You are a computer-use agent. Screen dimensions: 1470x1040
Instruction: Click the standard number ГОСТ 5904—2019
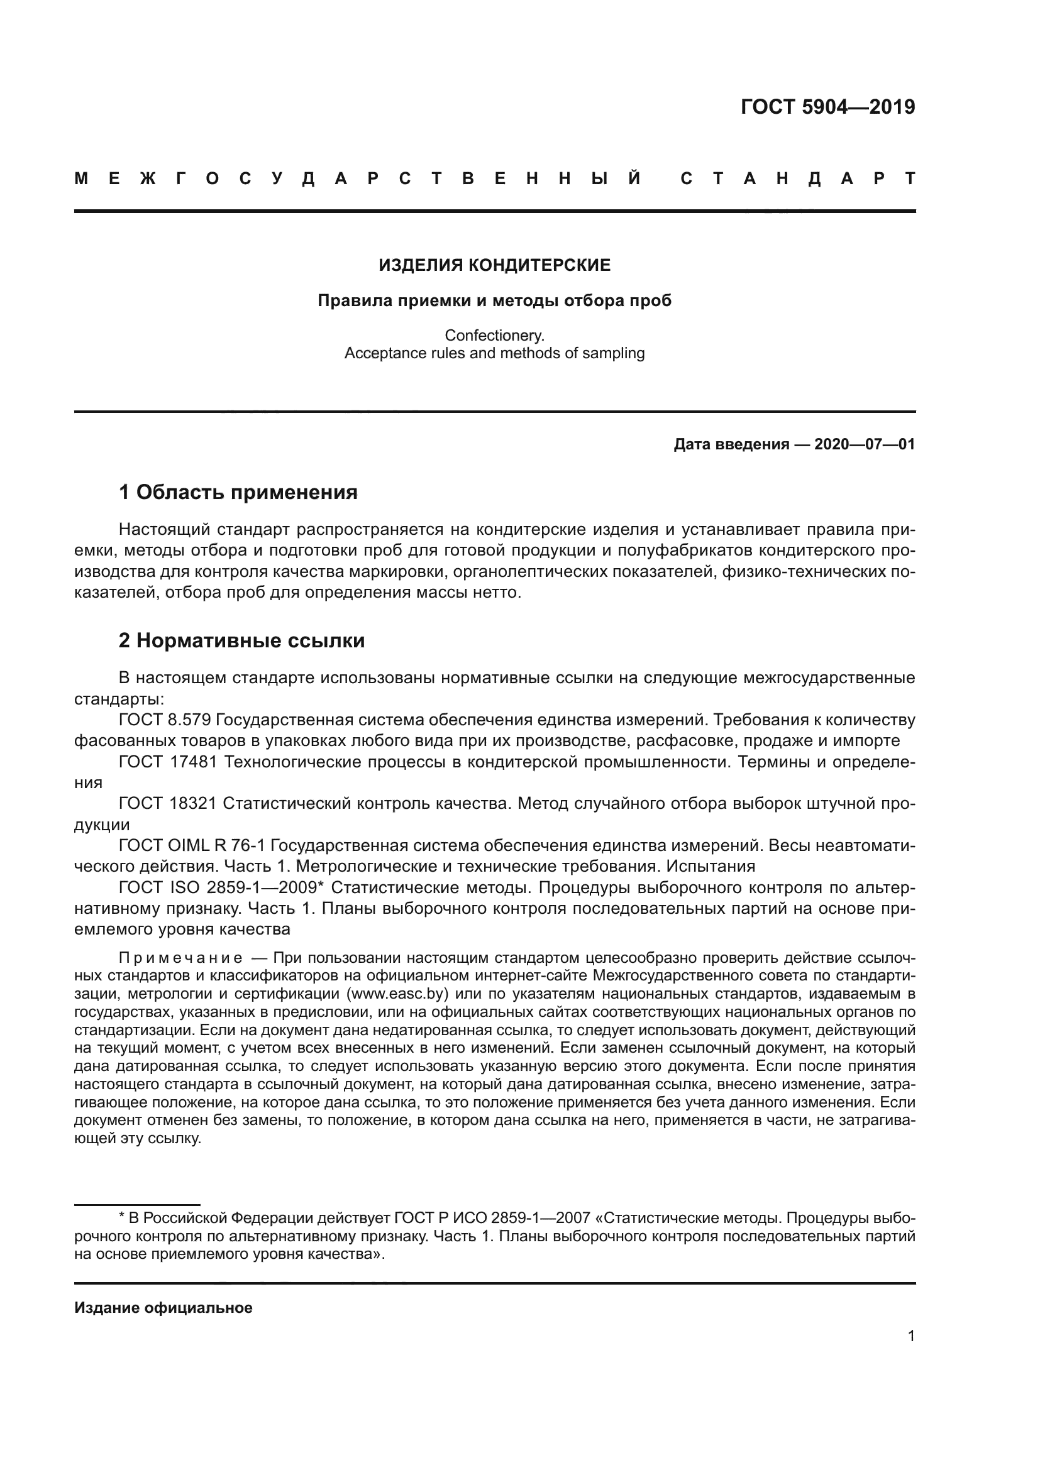pos(827,107)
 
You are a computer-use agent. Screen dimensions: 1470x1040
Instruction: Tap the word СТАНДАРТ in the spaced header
pos(798,179)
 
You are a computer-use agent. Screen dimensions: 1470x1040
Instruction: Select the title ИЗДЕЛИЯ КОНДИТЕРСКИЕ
pos(494,265)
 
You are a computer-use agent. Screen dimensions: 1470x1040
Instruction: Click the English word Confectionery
pos(494,335)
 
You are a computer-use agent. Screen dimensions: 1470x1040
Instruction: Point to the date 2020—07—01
pos(865,444)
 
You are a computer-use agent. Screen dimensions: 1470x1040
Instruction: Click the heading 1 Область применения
pos(238,492)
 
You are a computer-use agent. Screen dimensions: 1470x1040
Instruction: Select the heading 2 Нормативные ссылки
pos(241,640)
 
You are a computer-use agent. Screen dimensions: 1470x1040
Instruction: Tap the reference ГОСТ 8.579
pos(165,720)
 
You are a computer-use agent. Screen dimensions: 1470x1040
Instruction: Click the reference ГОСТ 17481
pos(169,762)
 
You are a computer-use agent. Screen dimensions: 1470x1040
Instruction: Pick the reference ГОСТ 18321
pos(169,804)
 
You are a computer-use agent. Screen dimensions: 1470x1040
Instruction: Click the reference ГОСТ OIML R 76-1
pos(192,846)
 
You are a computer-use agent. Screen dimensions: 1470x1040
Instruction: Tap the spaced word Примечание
pos(180,958)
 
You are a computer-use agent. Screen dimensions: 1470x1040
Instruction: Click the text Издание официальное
pos(163,1307)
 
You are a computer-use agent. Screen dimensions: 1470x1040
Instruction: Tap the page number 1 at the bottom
pos(910,1336)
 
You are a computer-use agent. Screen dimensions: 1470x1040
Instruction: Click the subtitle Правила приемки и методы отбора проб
pos(494,300)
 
